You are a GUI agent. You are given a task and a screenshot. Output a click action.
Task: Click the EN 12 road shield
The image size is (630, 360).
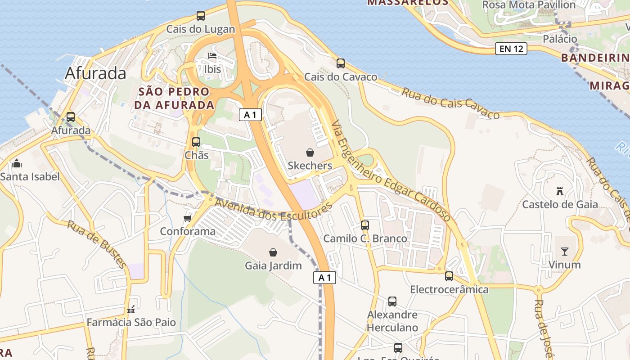[511, 49]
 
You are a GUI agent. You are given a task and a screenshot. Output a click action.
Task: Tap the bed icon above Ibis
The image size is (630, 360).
[212, 56]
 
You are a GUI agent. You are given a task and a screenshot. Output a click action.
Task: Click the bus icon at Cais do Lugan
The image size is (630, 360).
[201, 16]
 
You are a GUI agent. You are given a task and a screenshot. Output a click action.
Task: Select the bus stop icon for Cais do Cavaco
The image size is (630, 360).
[341, 63]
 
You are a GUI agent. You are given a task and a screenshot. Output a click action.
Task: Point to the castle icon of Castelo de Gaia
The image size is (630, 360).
[560, 191]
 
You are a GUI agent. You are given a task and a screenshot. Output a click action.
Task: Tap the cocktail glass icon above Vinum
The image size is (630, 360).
[564, 252]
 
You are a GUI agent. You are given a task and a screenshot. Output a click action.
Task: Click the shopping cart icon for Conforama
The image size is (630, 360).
[188, 218]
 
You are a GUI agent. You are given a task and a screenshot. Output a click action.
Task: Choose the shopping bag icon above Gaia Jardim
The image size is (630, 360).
[273, 252]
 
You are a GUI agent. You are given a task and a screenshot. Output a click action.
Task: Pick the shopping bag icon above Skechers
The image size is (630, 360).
[310, 153]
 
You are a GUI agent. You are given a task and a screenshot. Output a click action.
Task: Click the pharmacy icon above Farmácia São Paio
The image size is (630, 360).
[131, 310]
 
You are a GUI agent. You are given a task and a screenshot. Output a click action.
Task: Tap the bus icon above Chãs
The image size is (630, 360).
[196, 142]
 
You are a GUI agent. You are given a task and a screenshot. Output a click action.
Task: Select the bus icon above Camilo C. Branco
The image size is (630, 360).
[365, 225]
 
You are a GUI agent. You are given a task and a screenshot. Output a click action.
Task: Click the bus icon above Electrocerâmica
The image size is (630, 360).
[449, 276]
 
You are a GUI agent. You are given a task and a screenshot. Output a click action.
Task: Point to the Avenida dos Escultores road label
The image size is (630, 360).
[273, 210]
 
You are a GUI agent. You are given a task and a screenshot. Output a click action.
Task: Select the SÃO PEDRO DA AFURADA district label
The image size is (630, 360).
[174, 98]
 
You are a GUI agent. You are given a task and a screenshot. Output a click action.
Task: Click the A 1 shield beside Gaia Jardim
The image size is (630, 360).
[324, 278]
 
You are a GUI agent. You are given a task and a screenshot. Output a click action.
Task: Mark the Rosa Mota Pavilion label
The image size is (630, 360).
[529, 5]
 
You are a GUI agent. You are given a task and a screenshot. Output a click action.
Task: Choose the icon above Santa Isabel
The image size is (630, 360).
[17, 163]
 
